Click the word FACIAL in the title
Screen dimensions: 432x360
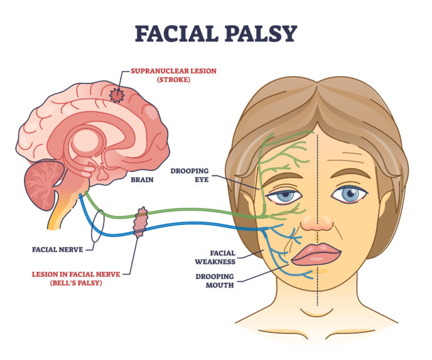176,34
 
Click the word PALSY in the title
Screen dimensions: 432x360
261,34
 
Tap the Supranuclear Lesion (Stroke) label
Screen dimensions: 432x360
173,75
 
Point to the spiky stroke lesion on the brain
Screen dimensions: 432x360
117,95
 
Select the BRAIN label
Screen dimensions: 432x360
142,180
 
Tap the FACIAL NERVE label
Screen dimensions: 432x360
57,250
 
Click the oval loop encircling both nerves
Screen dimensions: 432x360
98,226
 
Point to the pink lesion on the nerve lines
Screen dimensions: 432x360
141,222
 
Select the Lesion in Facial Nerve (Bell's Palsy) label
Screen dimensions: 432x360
76,278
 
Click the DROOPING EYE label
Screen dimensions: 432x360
190,175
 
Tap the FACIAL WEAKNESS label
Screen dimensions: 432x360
215,258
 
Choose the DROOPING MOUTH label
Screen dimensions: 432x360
215,281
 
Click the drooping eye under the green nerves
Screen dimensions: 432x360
284,197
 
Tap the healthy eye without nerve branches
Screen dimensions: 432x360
349,194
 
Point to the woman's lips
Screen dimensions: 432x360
316,254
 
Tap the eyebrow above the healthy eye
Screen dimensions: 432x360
350,173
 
